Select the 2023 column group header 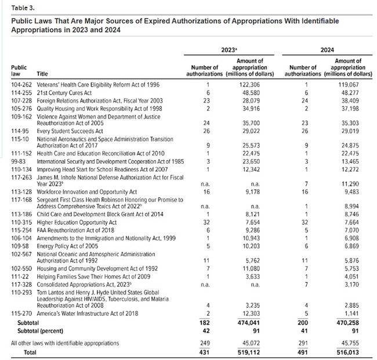tap(230, 50)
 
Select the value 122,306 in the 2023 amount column tap(250, 84)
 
